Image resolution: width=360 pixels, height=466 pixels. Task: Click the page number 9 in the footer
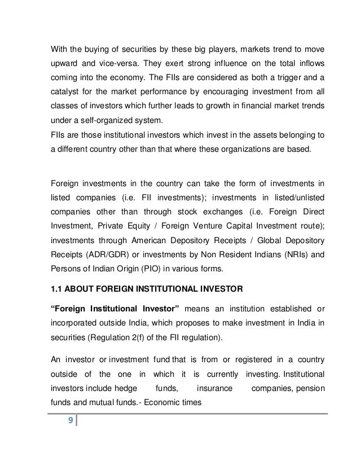[x=70, y=436]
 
